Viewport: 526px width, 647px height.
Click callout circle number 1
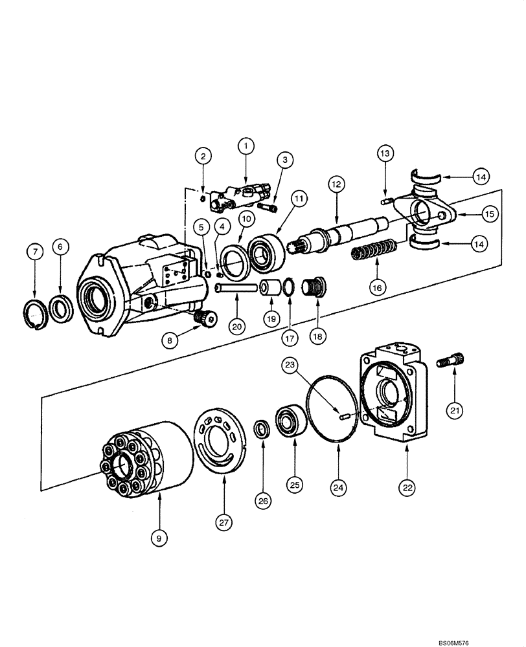coord(246,147)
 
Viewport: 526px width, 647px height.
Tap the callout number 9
coord(160,536)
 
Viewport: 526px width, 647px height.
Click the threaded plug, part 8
coord(205,318)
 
